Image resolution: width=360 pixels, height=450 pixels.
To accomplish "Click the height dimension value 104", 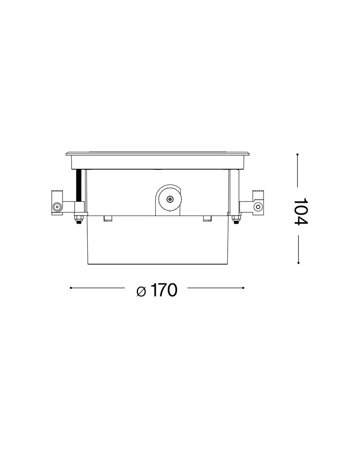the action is coord(301,211).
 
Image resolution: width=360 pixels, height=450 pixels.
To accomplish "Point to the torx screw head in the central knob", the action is coord(170,198).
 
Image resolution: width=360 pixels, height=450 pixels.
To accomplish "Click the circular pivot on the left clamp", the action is coord(56,207).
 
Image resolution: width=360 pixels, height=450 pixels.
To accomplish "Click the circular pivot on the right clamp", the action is coord(258,207).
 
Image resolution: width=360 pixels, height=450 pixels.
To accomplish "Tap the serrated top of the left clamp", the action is coord(57,191).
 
